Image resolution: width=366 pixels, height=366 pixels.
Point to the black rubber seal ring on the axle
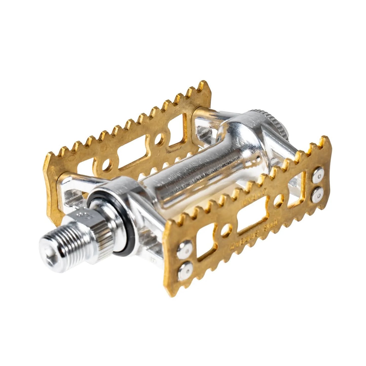pos(108,223)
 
